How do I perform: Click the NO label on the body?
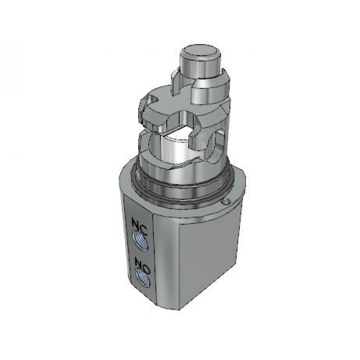142,265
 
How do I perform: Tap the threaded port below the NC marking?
140,241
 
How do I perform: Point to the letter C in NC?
143,229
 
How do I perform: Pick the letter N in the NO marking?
138,263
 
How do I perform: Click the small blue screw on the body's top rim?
226,202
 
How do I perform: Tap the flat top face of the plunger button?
200,53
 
